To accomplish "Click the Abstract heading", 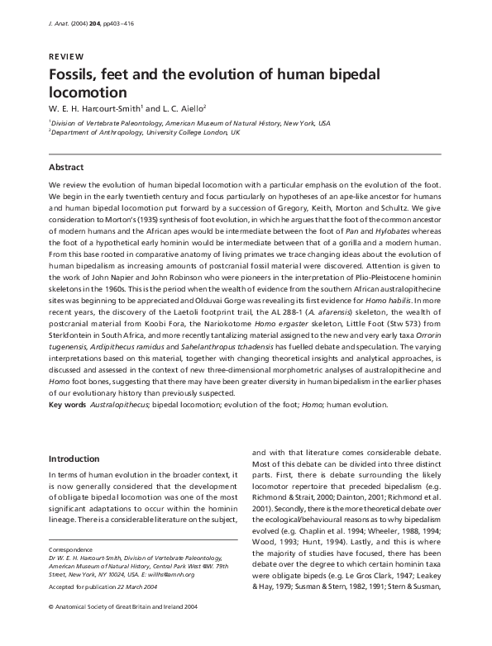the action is [x=68, y=166].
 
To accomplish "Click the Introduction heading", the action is [x=74, y=458].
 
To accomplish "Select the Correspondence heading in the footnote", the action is [x=69, y=572].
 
